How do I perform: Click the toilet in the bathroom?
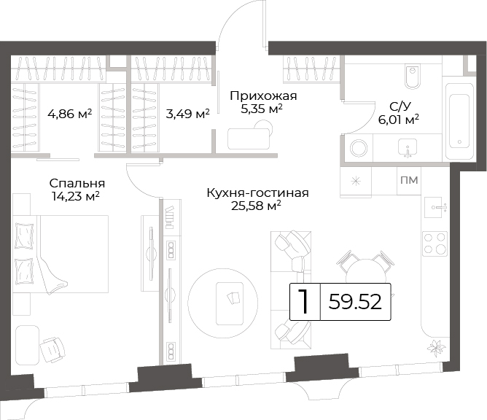pyautogui.click(x=413, y=76)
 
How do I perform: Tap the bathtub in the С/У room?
pyautogui.click(x=459, y=122)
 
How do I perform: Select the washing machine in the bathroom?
pyautogui.click(x=359, y=147)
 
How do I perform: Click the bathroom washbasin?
pyautogui.click(x=408, y=148)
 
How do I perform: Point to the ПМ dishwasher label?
pyautogui.click(x=409, y=180)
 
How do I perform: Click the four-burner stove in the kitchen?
pyautogui.click(x=435, y=244)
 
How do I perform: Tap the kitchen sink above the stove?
pyautogui.click(x=437, y=207)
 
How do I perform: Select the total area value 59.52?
pyautogui.click(x=355, y=302)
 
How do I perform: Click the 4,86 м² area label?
pyautogui.click(x=69, y=114)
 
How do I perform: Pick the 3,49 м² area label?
pyautogui.click(x=187, y=114)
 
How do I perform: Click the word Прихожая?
pyautogui.click(x=263, y=96)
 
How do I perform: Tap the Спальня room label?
pyautogui.click(x=77, y=183)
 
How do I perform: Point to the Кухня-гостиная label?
pyautogui.click(x=258, y=193)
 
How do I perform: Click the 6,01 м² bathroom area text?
pyautogui.click(x=399, y=120)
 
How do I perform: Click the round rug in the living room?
pyautogui.click(x=222, y=303)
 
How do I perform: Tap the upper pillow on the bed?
pyautogui.click(x=24, y=236)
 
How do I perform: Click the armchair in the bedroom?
pyautogui.click(x=52, y=349)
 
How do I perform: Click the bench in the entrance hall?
pyautogui.click(x=249, y=139)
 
